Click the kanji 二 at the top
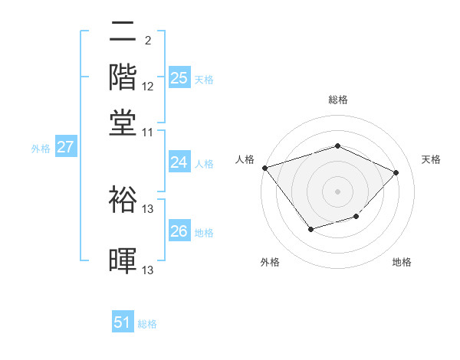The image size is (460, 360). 123,32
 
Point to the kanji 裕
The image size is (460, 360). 123,198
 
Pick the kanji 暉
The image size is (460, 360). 123,260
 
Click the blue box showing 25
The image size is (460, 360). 179,78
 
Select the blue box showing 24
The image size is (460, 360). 179,162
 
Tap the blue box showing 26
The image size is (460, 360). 179,231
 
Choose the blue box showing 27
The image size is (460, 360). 65,148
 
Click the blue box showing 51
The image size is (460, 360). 123,323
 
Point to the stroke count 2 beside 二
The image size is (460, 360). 147,41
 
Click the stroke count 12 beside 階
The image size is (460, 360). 148,87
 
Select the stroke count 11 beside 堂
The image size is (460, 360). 148,132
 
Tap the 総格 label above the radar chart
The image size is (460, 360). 337,100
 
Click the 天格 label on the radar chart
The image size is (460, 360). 431,159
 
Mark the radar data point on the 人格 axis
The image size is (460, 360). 264,168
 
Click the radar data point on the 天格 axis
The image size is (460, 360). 396,172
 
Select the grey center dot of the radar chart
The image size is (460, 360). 337,191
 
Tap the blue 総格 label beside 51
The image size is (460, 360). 147,324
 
